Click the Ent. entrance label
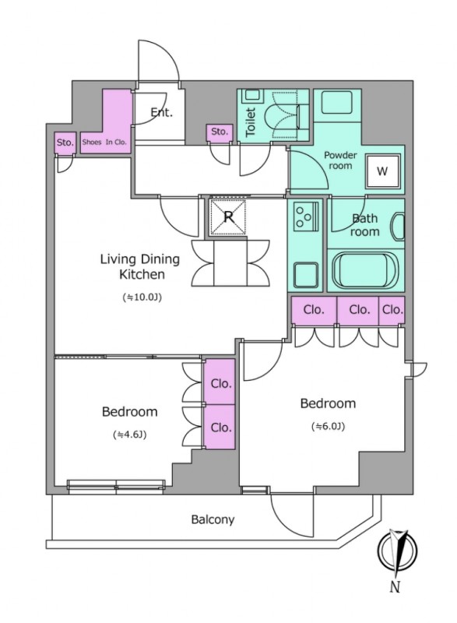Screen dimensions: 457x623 tap(162, 113)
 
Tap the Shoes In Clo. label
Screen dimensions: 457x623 tap(104, 142)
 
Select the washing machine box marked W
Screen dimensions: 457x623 tap(381, 171)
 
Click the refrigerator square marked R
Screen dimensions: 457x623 tap(228, 217)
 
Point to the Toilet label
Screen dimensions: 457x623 tap(251, 122)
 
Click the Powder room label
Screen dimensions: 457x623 tap(340, 160)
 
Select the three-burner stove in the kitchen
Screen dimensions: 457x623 tap(306, 216)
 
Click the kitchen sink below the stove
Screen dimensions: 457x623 tap(306, 274)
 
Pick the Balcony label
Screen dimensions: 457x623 tap(213, 519)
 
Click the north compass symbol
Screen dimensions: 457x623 tap(397, 551)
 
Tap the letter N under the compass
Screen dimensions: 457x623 tap(394, 587)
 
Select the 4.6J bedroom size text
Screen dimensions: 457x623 tap(130, 435)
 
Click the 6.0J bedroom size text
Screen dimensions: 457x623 tap(328, 426)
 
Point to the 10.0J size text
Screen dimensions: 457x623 tap(142, 297)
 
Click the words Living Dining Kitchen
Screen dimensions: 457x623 tap(140, 266)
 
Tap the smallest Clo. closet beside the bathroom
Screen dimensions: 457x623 tap(392, 309)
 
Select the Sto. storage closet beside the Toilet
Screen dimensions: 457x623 tap(219, 132)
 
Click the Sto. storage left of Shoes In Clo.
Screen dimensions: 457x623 tap(65, 143)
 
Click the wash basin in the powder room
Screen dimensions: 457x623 tap(337, 102)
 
